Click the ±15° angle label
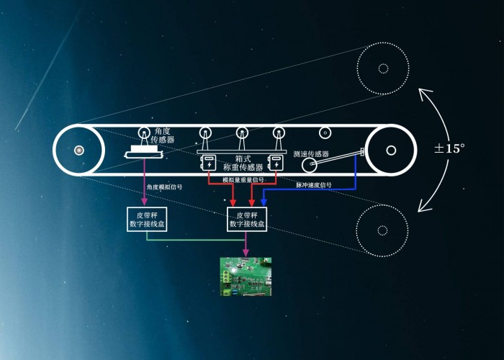pyautogui.click(x=449, y=148)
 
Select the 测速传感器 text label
pyautogui.click(x=311, y=154)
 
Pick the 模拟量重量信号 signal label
pyautogui.click(x=243, y=179)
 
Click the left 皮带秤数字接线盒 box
pyautogui.click(x=146, y=220)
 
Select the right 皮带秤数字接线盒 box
pyautogui.click(x=247, y=220)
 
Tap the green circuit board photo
pyautogui.click(x=246, y=276)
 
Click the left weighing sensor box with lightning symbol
pyautogui.click(x=209, y=163)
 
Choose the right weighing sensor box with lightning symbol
pyautogui.click(x=274, y=163)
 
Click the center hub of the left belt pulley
pyautogui.click(x=78, y=150)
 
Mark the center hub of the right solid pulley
pyautogui.click(x=390, y=150)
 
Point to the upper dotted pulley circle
pyautogui.click(x=382, y=68)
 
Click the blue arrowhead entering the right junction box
pyautogui.click(x=264, y=203)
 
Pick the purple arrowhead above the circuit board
pyautogui.click(x=246, y=253)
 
